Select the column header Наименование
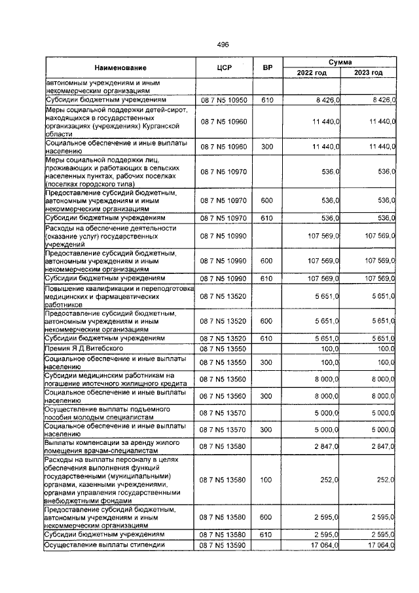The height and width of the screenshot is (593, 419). point(120,67)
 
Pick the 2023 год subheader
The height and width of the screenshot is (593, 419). point(368,72)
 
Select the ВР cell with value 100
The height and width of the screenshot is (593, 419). point(266,480)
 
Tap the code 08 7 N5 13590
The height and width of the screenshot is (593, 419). point(225,545)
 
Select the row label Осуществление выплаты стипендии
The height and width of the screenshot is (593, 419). point(103,545)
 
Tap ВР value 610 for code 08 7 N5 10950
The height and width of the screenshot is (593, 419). point(266,100)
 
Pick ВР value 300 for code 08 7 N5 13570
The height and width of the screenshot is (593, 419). point(266,430)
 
